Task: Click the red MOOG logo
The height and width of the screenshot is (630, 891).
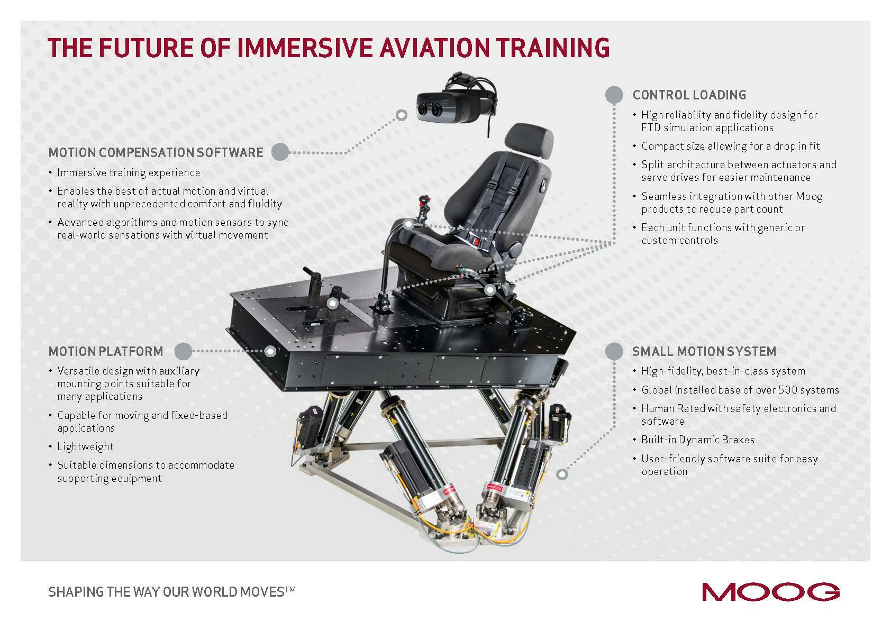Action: click(x=770, y=591)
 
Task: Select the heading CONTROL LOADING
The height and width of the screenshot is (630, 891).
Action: click(x=689, y=95)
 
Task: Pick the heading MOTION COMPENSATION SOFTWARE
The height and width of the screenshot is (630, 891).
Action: click(x=156, y=152)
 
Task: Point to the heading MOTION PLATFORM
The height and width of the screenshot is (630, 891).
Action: click(x=106, y=351)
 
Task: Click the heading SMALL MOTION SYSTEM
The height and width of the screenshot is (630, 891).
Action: click(x=704, y=351)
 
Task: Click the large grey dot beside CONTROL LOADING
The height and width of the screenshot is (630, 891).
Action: click(x=614, y=95)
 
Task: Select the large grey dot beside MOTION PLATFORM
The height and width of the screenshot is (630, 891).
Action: click(x=183, y=351)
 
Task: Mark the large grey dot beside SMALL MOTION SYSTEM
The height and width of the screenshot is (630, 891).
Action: click(x=614, y=351)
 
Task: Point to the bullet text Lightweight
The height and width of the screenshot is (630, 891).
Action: click(x=85, y=446)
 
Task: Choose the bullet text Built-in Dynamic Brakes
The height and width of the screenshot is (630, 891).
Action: click(x=697, y=440)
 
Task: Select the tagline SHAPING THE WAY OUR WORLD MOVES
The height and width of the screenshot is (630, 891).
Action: click(x=171, y=591)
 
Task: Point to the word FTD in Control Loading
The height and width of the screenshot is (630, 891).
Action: click(x=651, y=128)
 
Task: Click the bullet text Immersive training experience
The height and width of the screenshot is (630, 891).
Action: click(x=129, y=173)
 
